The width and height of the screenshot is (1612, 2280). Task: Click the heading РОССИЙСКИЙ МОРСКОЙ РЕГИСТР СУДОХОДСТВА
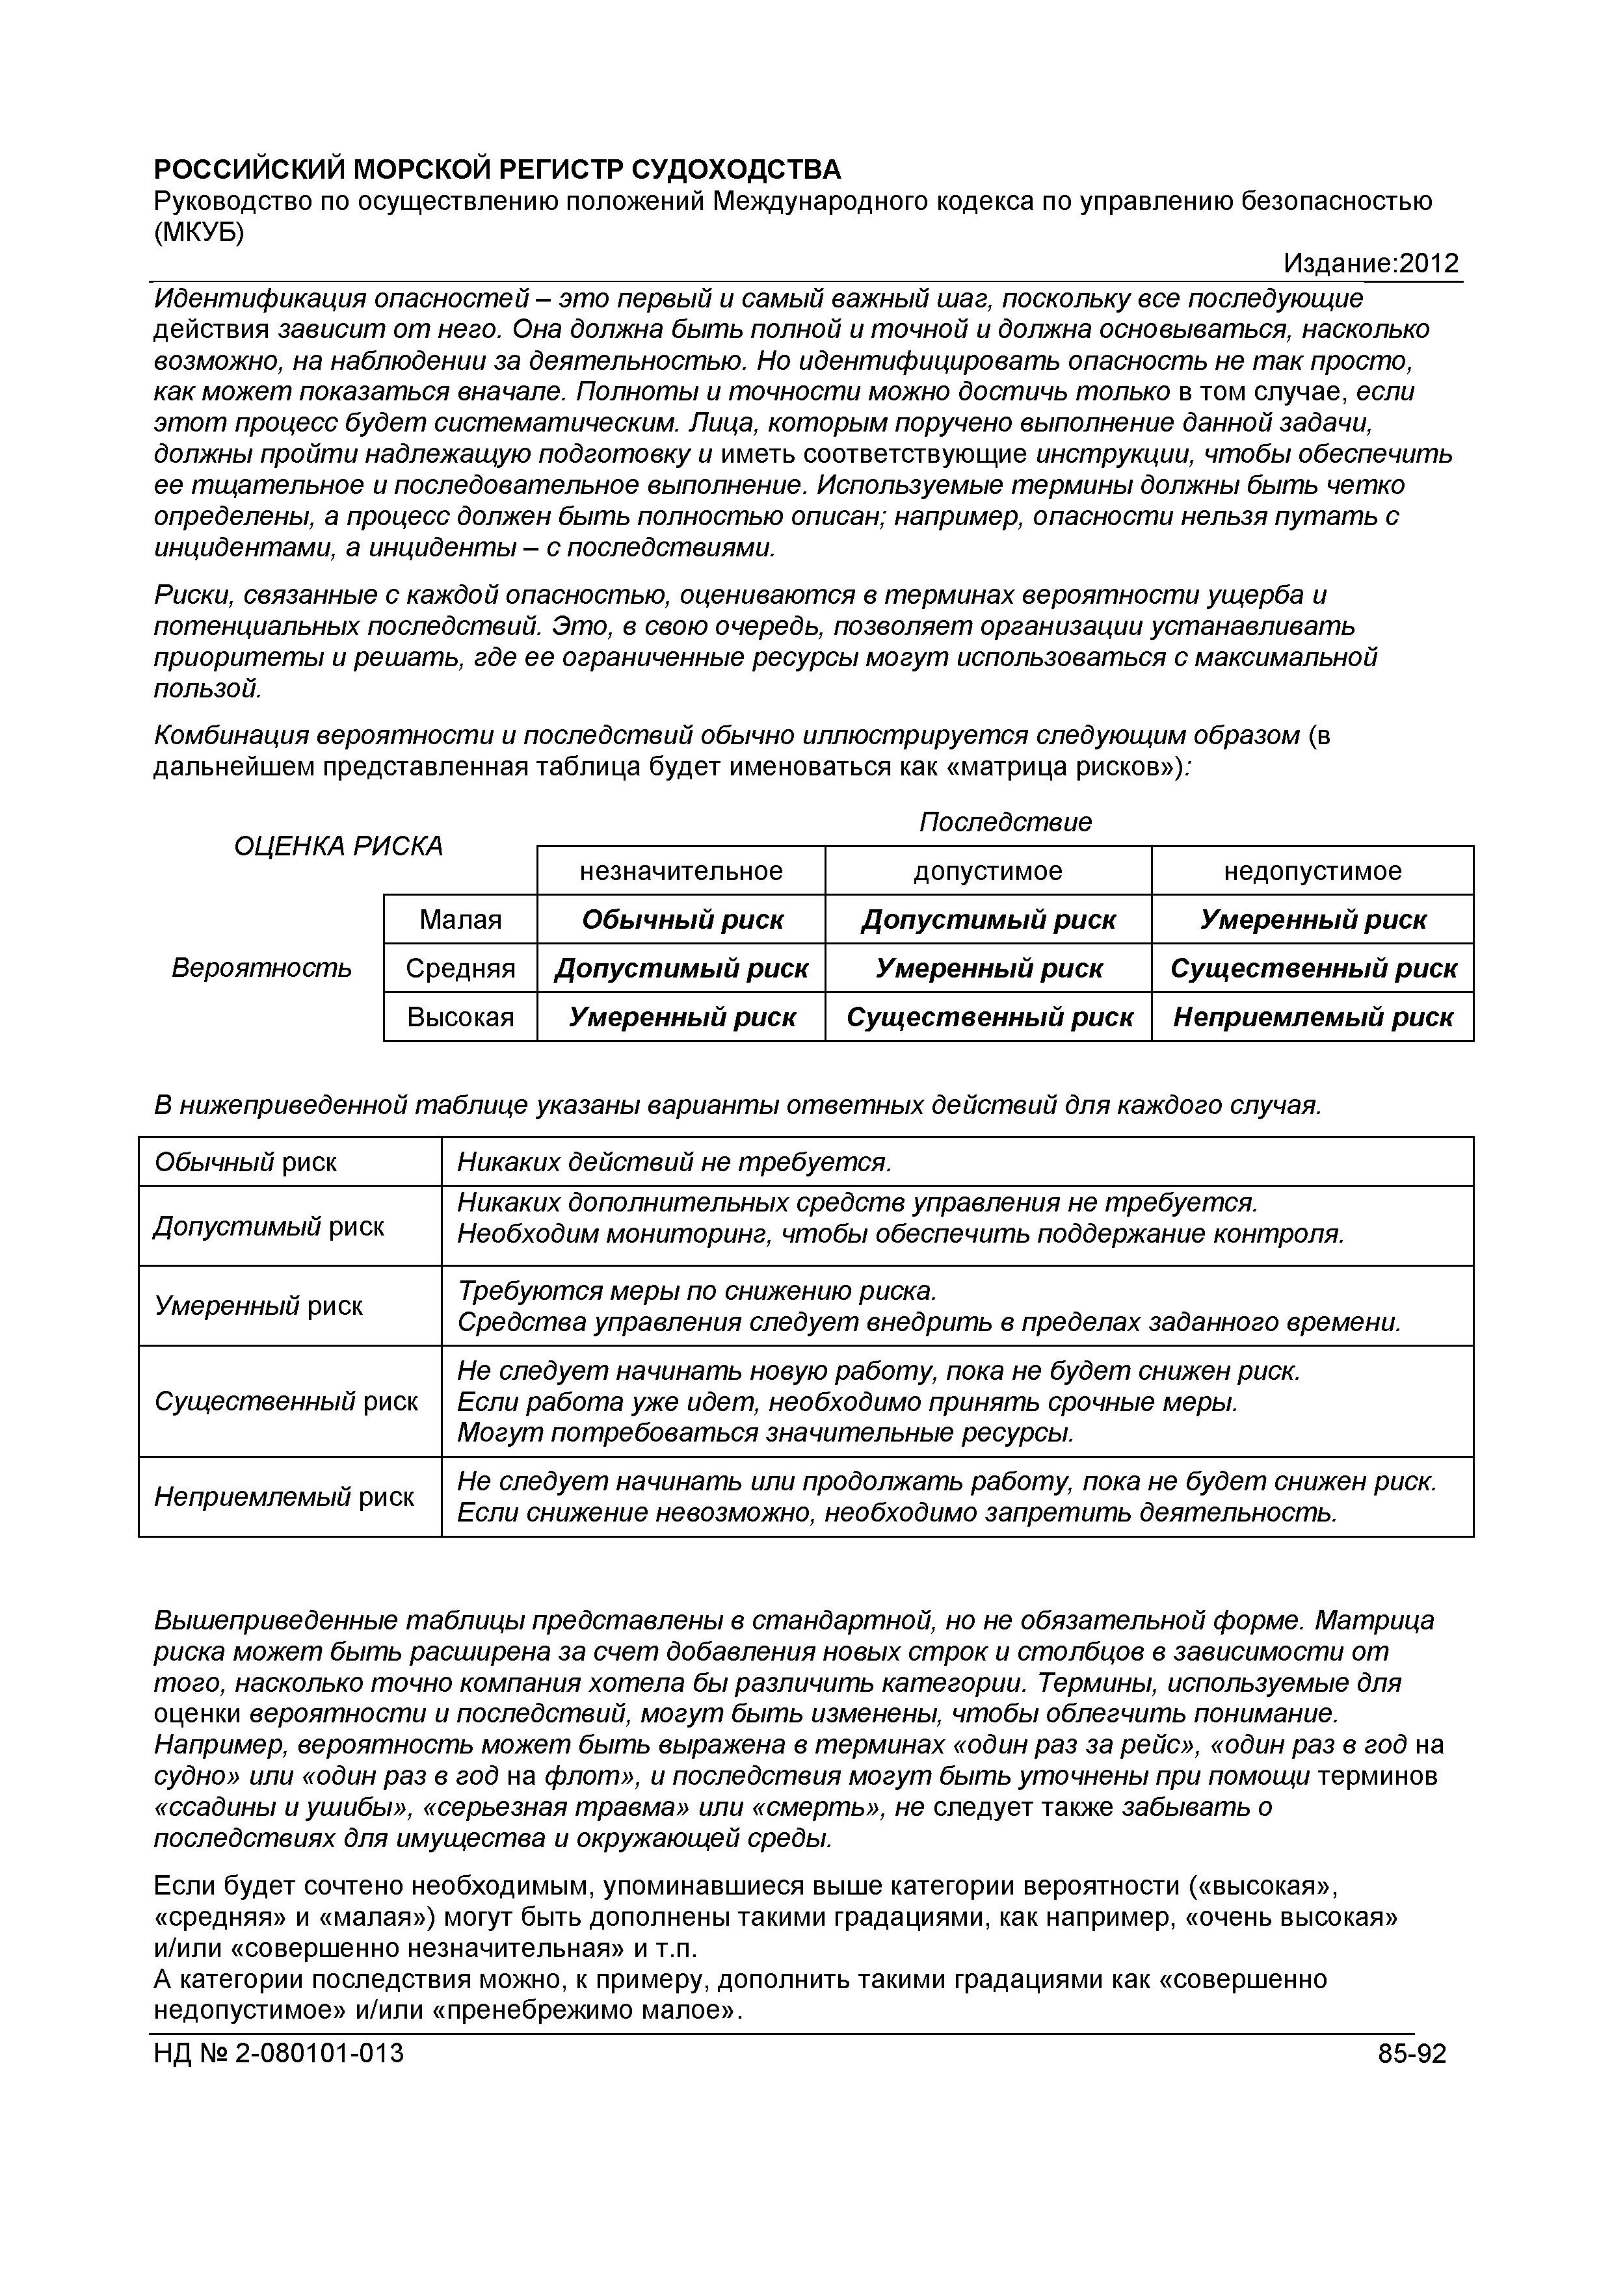[x=497, y=170]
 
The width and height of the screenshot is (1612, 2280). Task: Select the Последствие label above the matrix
[x=1005, y=822]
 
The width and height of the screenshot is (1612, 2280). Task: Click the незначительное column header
[x=681, y=871]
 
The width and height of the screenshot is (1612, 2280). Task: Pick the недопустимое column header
[x=1312, y=871]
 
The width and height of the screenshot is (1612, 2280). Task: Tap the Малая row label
[x=460, y=920]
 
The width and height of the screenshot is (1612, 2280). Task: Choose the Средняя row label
[x=460, y=968]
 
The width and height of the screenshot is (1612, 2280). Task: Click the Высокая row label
[x=460, y=1017]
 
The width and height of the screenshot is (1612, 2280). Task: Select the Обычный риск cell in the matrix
[x=682, y=920]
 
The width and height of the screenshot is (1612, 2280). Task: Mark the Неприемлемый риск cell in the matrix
[x=1312, y=1017]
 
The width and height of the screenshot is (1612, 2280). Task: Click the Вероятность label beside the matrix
[x=261, y=968]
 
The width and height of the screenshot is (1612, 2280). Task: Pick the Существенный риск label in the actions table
[x=286, y=1401]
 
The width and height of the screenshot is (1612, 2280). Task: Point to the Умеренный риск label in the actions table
[x=258, y=1306]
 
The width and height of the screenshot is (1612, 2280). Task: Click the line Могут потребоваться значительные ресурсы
[x=766, y=1433]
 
